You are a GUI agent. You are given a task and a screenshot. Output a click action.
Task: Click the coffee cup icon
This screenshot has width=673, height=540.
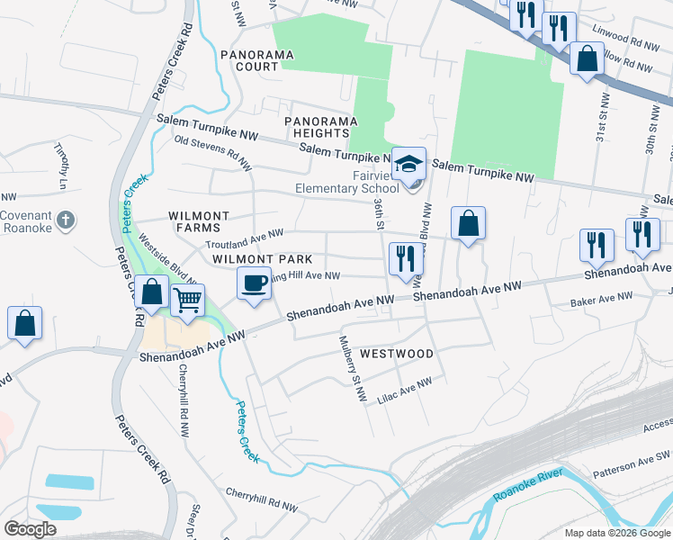pyautogui.click(x=254, y=283)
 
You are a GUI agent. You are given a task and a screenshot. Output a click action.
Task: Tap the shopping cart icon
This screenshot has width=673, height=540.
pyautogui.click(x=187, y=300)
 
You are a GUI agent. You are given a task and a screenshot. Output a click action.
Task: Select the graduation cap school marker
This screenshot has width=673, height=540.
pyautogui.click(x=408, y=164)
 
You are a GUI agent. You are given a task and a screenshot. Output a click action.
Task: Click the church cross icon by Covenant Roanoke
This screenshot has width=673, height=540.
pyautogui.click(x=65, y=220)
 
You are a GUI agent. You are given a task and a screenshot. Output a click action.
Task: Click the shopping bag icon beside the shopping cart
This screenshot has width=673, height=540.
pyautogui.click(x=152, y=292)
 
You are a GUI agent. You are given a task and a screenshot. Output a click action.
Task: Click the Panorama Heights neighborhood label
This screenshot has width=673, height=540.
pyautogui.click(x=316, y=127)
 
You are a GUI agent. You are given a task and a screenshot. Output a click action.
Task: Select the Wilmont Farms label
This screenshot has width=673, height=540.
pyautogui.click(x=198, y=222)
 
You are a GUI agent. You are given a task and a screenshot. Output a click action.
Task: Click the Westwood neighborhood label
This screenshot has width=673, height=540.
pyautogui.click(x=397, y=354)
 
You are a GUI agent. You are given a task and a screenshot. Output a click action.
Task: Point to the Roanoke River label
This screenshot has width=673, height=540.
pyautogui.click(x=528, y=486)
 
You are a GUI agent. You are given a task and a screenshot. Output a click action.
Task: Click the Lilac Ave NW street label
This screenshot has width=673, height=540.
pyautogui.click(x=405, y=389)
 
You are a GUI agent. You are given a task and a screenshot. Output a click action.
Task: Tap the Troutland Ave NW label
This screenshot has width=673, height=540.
pyautogui.click(x=245, y=239)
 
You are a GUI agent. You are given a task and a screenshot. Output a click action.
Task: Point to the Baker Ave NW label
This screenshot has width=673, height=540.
pyautogui.click(x=602, y=301)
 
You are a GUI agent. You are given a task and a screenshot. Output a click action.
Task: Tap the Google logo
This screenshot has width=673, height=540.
pyautogui.click(x=30, y=529)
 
